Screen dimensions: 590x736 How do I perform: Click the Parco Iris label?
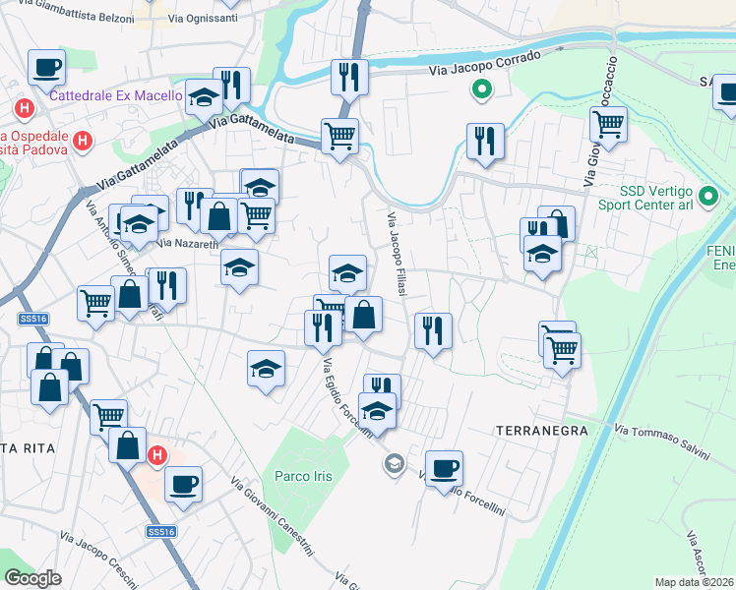302,477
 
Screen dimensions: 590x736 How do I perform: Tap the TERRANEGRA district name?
541,431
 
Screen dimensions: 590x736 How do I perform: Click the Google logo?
32,578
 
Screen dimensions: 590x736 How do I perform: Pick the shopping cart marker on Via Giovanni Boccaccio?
609,126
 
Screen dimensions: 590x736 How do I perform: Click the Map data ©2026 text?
695,582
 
